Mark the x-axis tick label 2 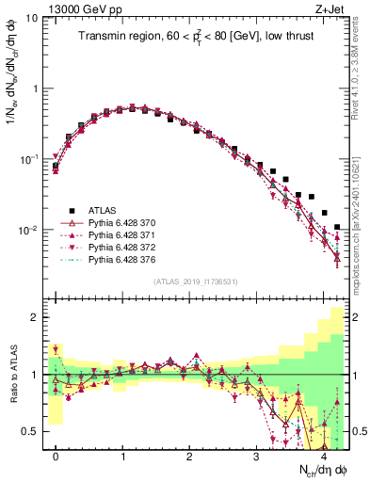tap(190, 457)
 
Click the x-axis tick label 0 tap(56, 457)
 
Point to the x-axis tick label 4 tap(323, 457)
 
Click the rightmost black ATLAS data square tap(337, 227)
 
